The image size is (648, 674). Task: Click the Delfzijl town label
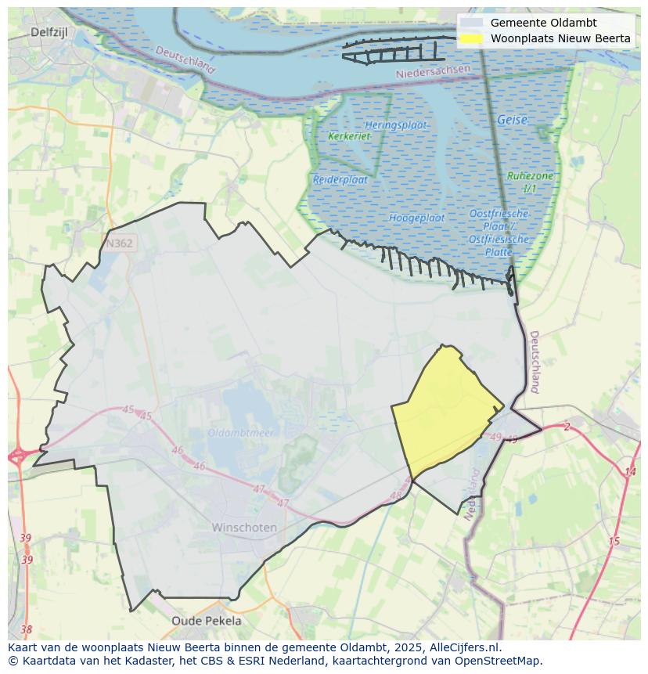(x=51, y=32)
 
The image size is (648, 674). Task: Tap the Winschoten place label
(x=244, y=528)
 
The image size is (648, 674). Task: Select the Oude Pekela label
(x=207, y=621)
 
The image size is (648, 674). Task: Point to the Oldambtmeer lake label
(x=240, y=433)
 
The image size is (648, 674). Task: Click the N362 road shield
(x=118, y=243)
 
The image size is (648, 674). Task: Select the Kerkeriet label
(x=349, y=136)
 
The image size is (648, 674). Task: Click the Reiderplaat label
(x=340, y=179)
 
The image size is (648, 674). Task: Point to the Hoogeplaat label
(x=416, y=218)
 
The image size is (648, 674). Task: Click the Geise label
(x=512, y=121)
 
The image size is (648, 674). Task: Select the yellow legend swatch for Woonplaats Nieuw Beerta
(x=471, y=38)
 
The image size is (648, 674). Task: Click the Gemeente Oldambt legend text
(x=543, y=23)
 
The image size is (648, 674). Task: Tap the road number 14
(x=630, y=472)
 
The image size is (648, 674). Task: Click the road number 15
(x=614, y=542)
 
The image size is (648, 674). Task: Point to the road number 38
(x=27, y=629)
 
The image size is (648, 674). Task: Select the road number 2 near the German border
(x=567, y=427)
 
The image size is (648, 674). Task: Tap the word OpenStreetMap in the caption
(x=502, y=661)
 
